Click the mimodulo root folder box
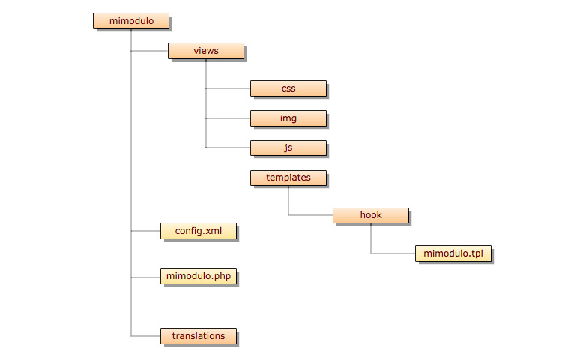tap(131, 21)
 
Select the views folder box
tap(206, 51)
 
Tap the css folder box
tap(288, 88)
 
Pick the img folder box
tap(288, 118)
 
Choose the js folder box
tap(288, 148)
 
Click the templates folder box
tap(288, 178)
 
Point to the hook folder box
tap(371, 215)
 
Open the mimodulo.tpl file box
tap(453, 253)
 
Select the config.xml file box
tap(199, 231)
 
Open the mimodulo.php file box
tap(199, 276)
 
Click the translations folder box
tap(199, 336)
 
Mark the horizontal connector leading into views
tap(149, 51)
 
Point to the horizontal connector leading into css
tap(229, 88)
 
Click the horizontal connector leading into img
tap(229, 118)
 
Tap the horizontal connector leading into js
tap(229, 147)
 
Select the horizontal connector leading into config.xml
tap(146, 231)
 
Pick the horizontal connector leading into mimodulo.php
tap(146, 277)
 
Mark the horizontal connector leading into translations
tap(146, 336)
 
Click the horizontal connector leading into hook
tap(311, 215)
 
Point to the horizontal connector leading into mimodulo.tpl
tap(393, 253)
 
